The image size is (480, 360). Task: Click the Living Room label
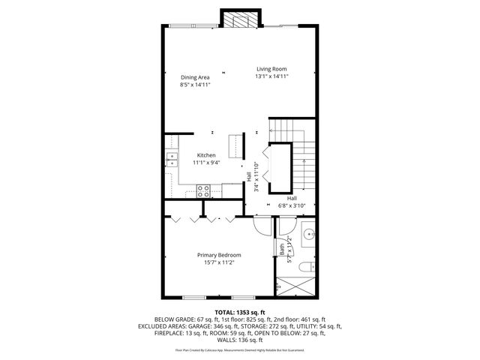pyautogui.click(x=271, y=69)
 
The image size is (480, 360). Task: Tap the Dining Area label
pyautogui.click(x=195, y=77)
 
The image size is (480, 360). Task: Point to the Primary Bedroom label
pyautogui.click(x=219, y=255)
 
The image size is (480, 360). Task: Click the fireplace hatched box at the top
pyautogui.click(x=239, y=19)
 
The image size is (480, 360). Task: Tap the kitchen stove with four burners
pyautogui.click(x=203, y=191)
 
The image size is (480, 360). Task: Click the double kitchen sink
pyautogui.click(x=171, y=159)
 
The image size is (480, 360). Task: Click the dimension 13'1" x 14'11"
pyautogui.click(x=271, y=76)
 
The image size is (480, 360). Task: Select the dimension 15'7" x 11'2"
pyautogui.click(x=219, y=262)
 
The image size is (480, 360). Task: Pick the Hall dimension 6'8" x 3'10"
pyautogui.click(x=292, y=205)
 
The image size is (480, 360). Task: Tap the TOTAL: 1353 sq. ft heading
pyautogui.click(x=239, y=311)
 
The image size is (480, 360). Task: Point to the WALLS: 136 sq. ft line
pyautogui.click(x=239, y=341)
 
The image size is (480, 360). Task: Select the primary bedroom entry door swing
pyautogui.click(x=260, y=225)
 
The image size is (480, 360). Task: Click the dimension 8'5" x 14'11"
pyautogui.click(x=195, y=85)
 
